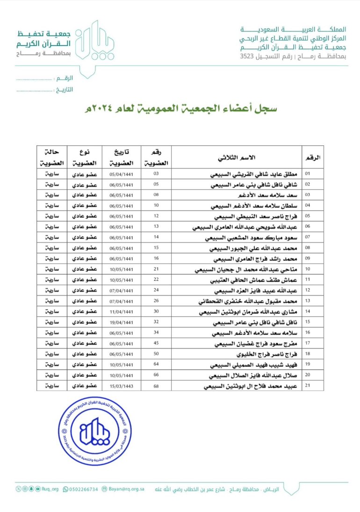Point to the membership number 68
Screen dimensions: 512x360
(x=156, y=386)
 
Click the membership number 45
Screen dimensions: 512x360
(x=156, y=344)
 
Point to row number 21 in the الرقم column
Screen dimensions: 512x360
(x=308, y=386)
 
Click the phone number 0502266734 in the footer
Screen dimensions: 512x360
(x=84, y=489)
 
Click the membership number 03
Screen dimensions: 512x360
(x=156, y=174)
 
